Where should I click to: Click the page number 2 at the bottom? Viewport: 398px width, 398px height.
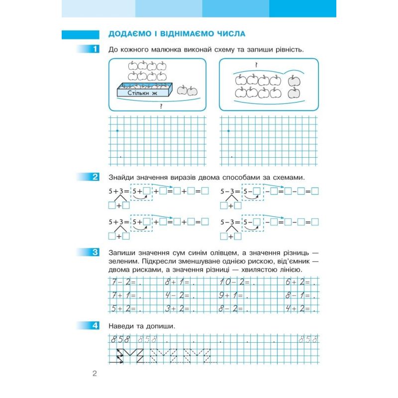click(94, 374)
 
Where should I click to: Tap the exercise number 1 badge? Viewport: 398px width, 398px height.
click(95, 49)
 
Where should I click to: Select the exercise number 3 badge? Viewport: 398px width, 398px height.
click(95, 252)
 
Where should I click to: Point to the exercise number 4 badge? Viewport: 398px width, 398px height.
click(95, 326)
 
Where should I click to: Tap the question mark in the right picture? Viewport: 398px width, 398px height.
click(256, 65)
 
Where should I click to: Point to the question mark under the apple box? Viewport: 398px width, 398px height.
click(160, 106)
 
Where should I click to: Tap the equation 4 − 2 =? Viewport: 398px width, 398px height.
click(176, 296)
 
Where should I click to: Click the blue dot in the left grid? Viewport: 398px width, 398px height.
click(117, 131)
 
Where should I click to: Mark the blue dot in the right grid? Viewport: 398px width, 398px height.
click(228, 131)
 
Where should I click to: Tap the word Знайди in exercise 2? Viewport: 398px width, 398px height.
click(121, 178)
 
